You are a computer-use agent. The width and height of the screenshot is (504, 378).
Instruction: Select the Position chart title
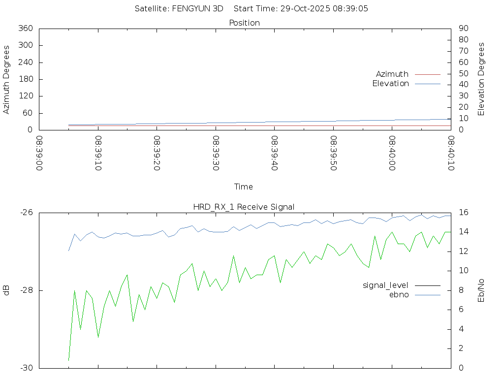click(x=245, y=23)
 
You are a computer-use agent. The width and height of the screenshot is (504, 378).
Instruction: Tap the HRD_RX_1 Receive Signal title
click(x=244, y=207)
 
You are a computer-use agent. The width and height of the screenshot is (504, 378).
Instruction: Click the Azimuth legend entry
click(x=392, y=74)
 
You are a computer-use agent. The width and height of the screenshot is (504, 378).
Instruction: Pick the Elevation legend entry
click(x=391, y=84)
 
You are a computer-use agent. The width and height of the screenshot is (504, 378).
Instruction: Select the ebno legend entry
click(x=399, y=294)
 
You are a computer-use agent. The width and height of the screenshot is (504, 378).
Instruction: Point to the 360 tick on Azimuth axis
click(x=25, y=29)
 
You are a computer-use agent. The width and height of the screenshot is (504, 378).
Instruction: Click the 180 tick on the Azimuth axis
click(x=25, y=79)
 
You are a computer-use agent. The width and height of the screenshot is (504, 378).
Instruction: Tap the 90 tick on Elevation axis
click(x=463, y=29)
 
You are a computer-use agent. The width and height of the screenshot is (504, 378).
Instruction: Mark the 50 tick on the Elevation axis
click(x=463, y=74)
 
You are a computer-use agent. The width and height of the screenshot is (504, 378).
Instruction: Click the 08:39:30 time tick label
click(x=216, y=154)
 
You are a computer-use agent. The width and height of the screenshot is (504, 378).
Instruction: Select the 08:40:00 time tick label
click(x=392, y=154)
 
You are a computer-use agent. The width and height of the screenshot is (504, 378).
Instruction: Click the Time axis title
click(x=244, y=187)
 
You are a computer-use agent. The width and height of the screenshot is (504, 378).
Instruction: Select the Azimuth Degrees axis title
click(x=7, y=79)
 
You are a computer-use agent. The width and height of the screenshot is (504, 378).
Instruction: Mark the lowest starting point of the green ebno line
click(x=68, y=360)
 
